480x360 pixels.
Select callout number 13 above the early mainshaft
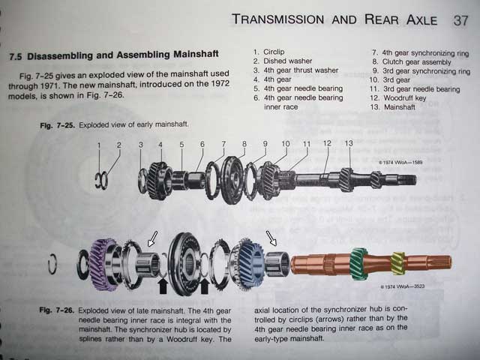[348, 142]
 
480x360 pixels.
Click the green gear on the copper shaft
[360, 264]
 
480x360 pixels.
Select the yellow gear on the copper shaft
[397, 263]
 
